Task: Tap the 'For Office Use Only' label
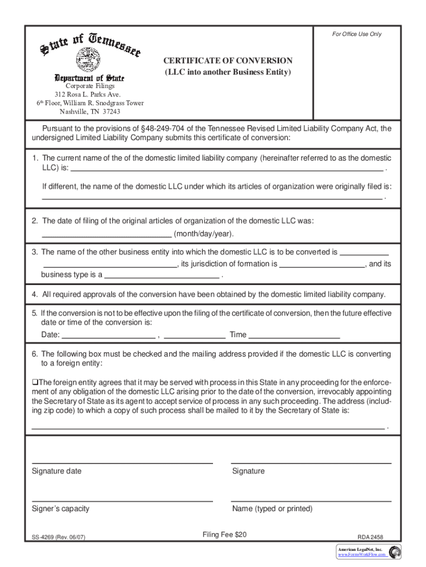357,34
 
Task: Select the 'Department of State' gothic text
89,78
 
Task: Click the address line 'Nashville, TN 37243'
90,111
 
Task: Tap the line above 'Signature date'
122,462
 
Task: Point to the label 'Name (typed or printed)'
272,509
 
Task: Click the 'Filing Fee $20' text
224,534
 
